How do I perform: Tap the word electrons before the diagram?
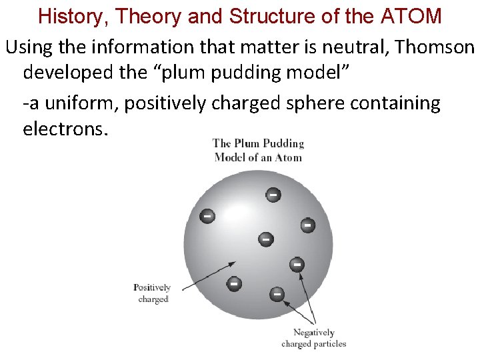click(x=63, y=128)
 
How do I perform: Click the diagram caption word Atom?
click(x=288, y=158)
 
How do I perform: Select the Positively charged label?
click(x=153, y=293)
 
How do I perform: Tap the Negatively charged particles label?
click(x=313, y=338)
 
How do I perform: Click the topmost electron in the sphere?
click(x=273, y=195)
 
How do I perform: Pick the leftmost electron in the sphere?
click(x=208, y=216)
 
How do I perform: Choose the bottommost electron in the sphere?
click(x=276, y=293)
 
